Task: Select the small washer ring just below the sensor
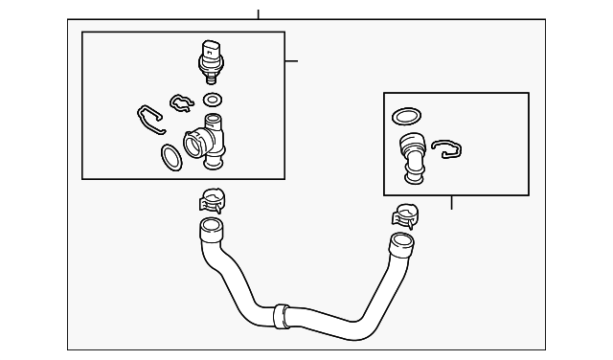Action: (x=213, y=99)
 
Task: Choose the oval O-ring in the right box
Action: (x=405, y=117)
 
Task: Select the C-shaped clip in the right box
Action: (x=445, y=148)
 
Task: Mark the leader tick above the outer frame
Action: (x=258, y=13)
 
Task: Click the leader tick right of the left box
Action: (x=291, y=61)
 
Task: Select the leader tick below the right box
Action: (x=451, y=202)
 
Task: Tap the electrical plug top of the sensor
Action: (x=211, y=48)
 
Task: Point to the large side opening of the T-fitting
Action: (x=193, y=145)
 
